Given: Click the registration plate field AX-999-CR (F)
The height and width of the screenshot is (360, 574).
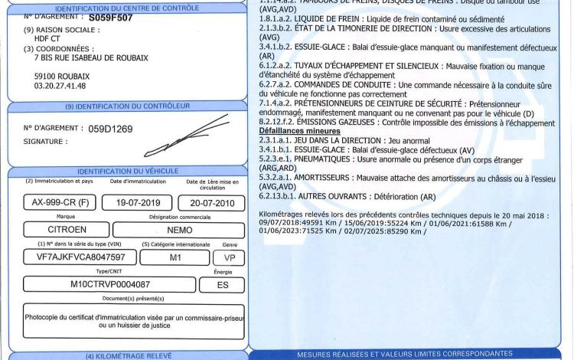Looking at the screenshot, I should click(57, 202).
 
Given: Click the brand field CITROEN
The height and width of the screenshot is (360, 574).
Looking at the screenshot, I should click(58, 229).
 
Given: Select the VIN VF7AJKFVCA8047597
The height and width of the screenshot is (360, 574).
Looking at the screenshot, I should click(70, 257).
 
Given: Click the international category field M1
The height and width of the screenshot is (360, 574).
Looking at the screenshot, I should click(174, 257).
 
